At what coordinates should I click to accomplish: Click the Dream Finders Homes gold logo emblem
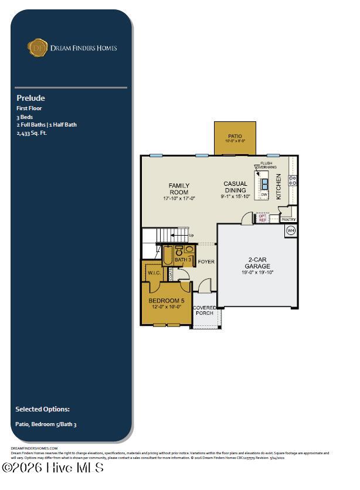click(38, 47)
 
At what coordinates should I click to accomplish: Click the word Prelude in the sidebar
click(30, 98)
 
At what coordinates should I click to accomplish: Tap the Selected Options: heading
click(42, 409)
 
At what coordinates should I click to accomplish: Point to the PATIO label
click(235, 137)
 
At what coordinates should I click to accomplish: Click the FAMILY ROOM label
click(179, 189)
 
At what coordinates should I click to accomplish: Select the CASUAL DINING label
click(235, 187)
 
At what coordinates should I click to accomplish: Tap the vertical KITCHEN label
click(279, 187)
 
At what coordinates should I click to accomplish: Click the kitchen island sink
click(264, 183)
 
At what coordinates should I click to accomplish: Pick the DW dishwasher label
click(264, 195)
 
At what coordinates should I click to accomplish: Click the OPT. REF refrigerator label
click(263, 217)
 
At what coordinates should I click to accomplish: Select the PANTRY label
click(288, 220)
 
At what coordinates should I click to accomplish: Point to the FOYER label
click(206, 261)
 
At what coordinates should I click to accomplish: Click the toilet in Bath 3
click(179, 250)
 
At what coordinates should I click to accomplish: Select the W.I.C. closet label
click(154, 273)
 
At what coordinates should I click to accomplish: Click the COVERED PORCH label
click(205, 310)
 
